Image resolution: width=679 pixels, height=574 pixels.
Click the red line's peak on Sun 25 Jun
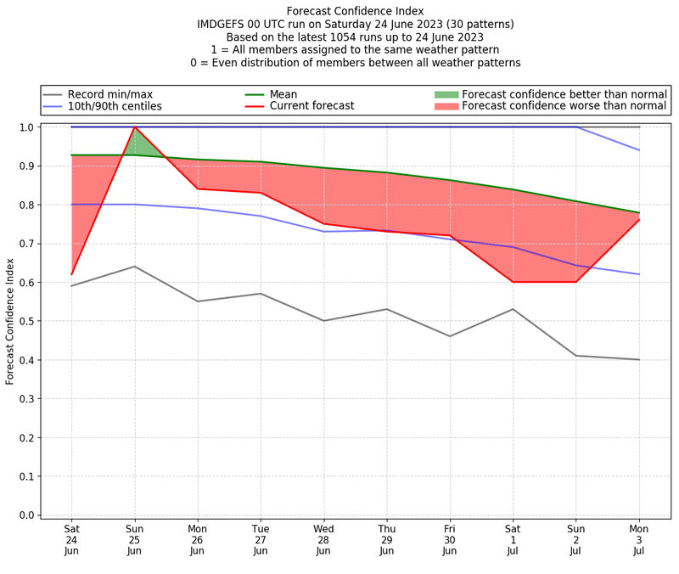tap(134, 127)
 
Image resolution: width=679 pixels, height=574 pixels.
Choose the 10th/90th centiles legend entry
tap(115, 106)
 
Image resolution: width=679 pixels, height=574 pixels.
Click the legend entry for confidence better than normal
tap(564, 94)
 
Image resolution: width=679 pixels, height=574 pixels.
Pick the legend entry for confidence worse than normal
tap(564, 106)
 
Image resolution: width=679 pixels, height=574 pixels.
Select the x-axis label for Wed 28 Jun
tap(323, 539)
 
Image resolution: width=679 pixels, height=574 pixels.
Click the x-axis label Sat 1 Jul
tap(513, 539)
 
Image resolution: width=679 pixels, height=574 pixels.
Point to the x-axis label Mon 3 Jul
tap(639, 539)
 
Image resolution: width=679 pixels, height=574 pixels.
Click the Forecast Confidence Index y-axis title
tap(10, 322)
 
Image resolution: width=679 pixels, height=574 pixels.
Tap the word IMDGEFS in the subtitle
tap(224, 25)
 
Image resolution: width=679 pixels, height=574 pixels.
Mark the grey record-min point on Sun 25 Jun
tap(134, 267)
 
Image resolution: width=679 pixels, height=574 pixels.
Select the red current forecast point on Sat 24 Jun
tap(71, 274)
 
